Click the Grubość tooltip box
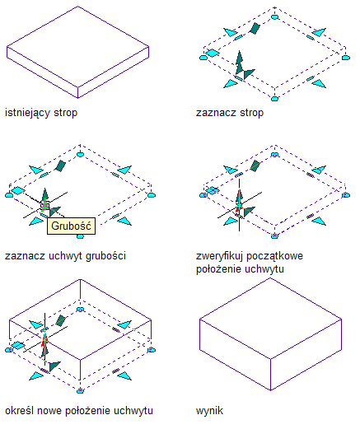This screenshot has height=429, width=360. tap(72, 226)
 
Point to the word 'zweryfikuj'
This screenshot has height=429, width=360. tap(220, 256)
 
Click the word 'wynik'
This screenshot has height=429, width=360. tap(209, 411)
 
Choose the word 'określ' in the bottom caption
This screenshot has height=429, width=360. tap(20, 411)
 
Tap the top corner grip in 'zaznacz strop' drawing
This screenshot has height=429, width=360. tap(274, 17)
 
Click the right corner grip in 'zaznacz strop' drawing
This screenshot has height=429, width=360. tap(346, 58)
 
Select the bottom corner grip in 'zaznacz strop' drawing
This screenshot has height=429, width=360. tap(274, 99)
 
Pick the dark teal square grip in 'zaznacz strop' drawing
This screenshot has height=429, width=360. tap(255, 28)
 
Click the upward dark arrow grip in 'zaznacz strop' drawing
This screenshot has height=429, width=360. tap(240, 62)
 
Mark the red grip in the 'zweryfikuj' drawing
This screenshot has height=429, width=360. tap(239, 205)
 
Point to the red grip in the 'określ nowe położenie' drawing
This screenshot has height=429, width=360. tap(44, 340)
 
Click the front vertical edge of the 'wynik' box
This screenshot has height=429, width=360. tap(271, 375)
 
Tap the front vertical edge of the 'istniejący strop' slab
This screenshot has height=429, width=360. tap(78, 92)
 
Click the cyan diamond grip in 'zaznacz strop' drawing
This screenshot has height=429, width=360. tap(213, 53)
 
